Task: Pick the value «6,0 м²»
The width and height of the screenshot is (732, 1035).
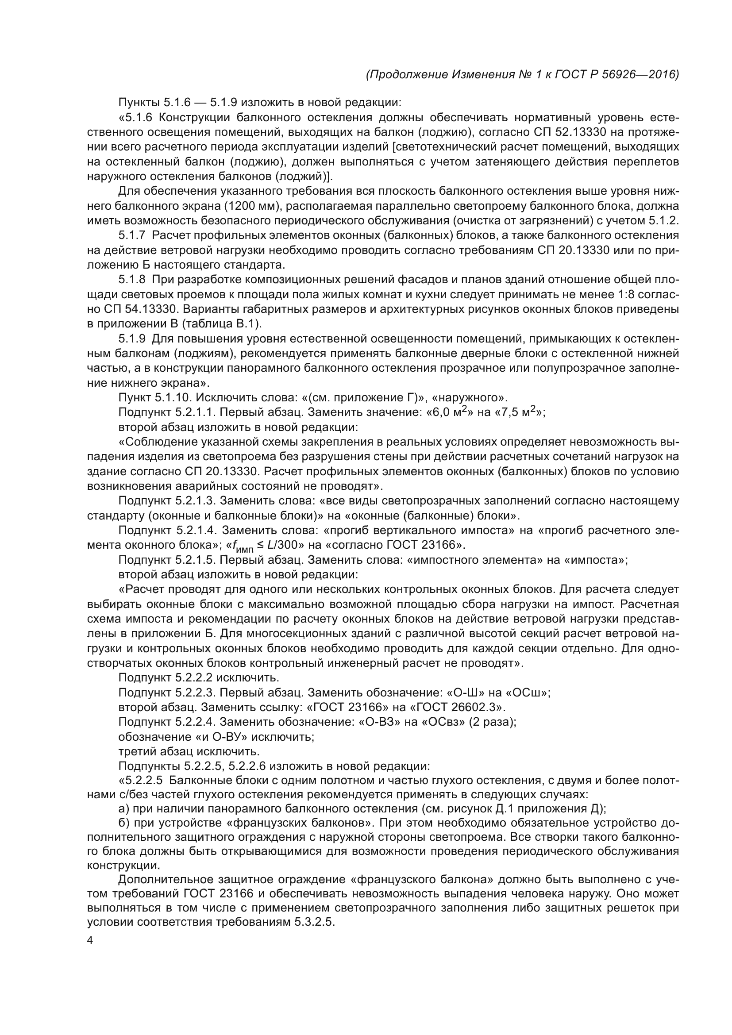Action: click(x=449, y=412)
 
